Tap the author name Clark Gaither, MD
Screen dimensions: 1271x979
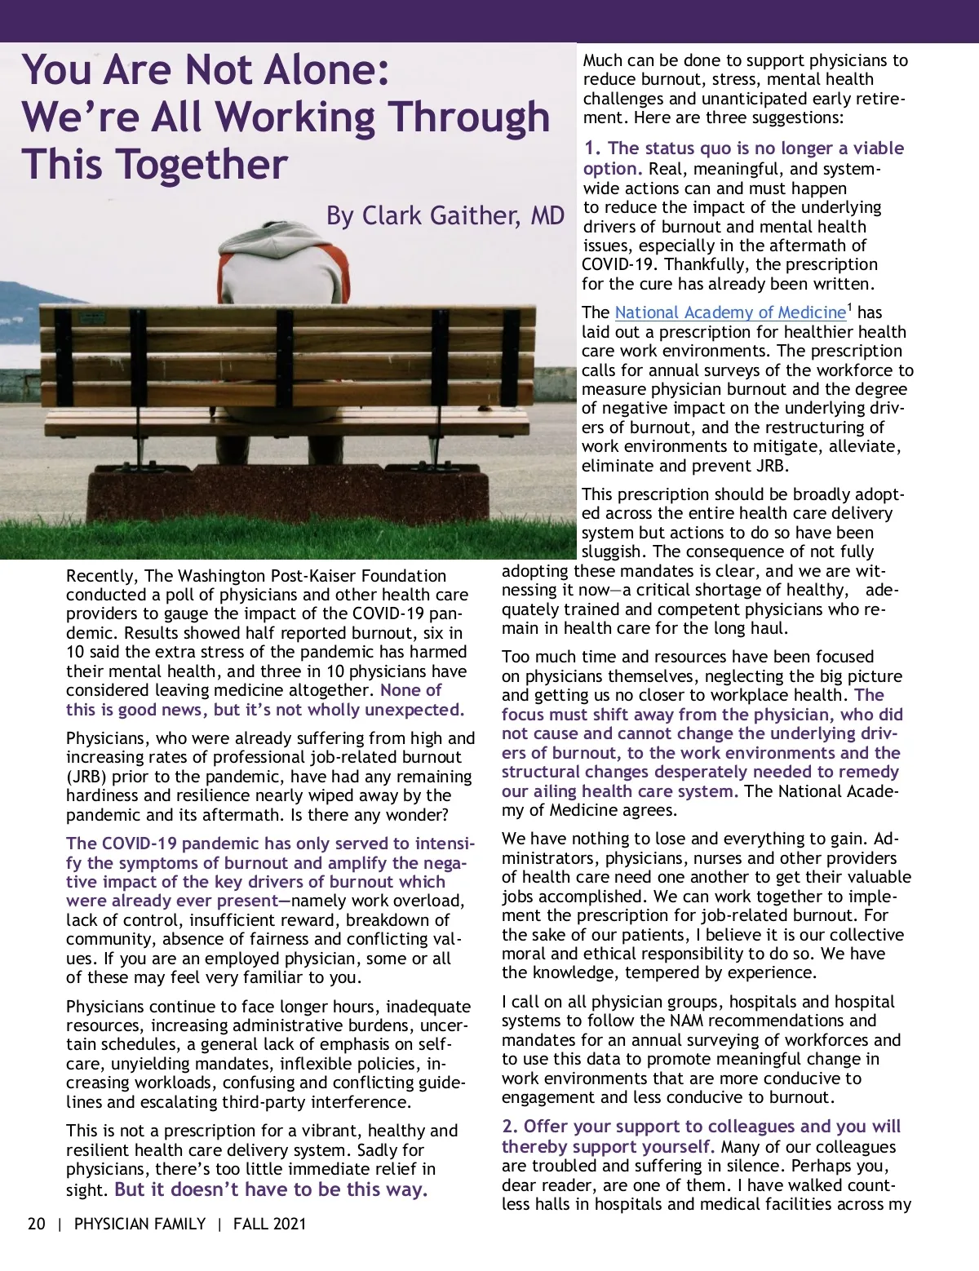[x=445, y=216]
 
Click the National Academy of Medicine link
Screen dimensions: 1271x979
[x=730, y=312]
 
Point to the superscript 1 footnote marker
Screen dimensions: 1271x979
[x=849, y=308]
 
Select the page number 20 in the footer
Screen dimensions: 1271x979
[x=37, y=1224]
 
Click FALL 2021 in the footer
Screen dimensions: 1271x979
[x=269, y=1224]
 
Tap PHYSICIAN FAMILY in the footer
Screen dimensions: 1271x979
[x=140, y=1224]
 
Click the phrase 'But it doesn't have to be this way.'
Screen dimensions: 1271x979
[x=271, y=1189]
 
